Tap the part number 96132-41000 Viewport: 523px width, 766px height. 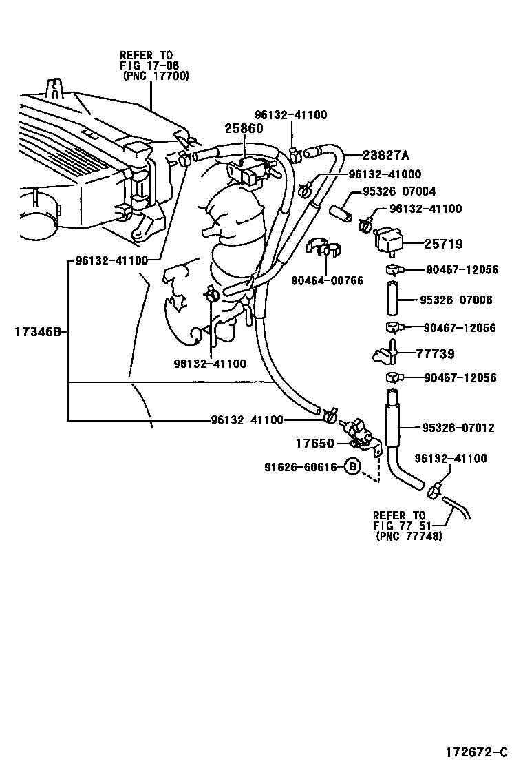coord(385,175)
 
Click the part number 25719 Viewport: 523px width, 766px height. coord(443,244)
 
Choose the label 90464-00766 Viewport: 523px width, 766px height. coord(327,280)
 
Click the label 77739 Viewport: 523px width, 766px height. coord(436,353)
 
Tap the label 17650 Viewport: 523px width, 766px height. coord(316,444)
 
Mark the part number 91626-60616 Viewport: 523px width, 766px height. coord(300,467)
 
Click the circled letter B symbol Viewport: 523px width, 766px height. coord(352,467)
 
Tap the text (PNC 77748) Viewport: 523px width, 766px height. coord(409,536)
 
